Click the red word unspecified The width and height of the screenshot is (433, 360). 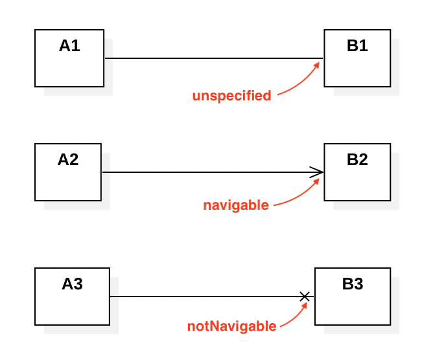pos(231,96)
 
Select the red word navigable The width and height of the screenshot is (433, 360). pos(236,206)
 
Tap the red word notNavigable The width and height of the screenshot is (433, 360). pos(232,326)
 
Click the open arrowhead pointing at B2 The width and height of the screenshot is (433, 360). pos(317,172)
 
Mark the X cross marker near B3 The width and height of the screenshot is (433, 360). pos(305,297)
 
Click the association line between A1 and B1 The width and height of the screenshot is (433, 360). pos(214,58)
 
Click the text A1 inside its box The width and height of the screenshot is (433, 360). pos(69,45)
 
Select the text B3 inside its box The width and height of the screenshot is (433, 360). pos(353,284)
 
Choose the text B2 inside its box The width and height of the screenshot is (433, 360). pos(357,159)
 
